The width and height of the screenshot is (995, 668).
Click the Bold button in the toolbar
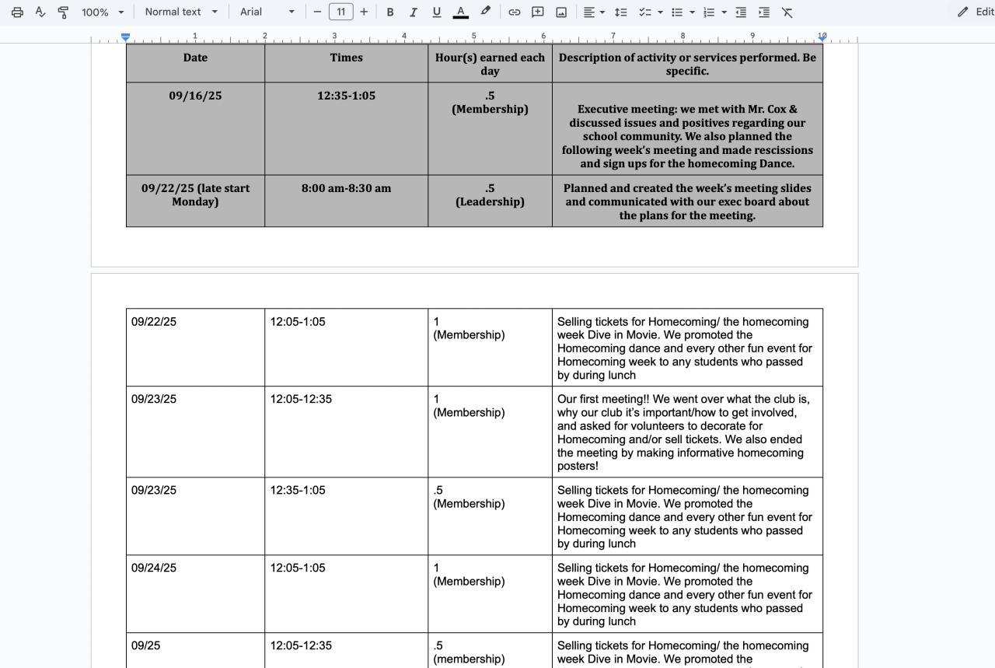point(390,12)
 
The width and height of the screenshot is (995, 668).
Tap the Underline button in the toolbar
point(436,12)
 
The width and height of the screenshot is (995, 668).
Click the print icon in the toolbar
point(17,12)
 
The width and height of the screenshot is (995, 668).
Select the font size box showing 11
point(340,12)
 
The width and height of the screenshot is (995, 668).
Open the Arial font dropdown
point(267,12)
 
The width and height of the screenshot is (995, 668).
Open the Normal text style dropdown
point(181,12)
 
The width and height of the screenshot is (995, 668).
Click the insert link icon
point(514,12)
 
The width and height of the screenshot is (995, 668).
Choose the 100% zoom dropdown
point(103,12)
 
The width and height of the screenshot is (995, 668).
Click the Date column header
point(195,58)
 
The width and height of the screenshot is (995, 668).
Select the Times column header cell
point(346,58)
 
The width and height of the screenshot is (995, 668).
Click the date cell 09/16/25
point(195,96)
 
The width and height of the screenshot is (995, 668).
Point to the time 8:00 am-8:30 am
point(346,188)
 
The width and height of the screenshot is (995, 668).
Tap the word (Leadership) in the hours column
point(490,201)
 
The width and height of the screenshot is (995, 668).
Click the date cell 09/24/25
point(154,568)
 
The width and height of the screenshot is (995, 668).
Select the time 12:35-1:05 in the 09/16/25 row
point(346,96)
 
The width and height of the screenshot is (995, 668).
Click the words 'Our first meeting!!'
point(603,399)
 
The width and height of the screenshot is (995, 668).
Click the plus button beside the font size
point(364,12)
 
